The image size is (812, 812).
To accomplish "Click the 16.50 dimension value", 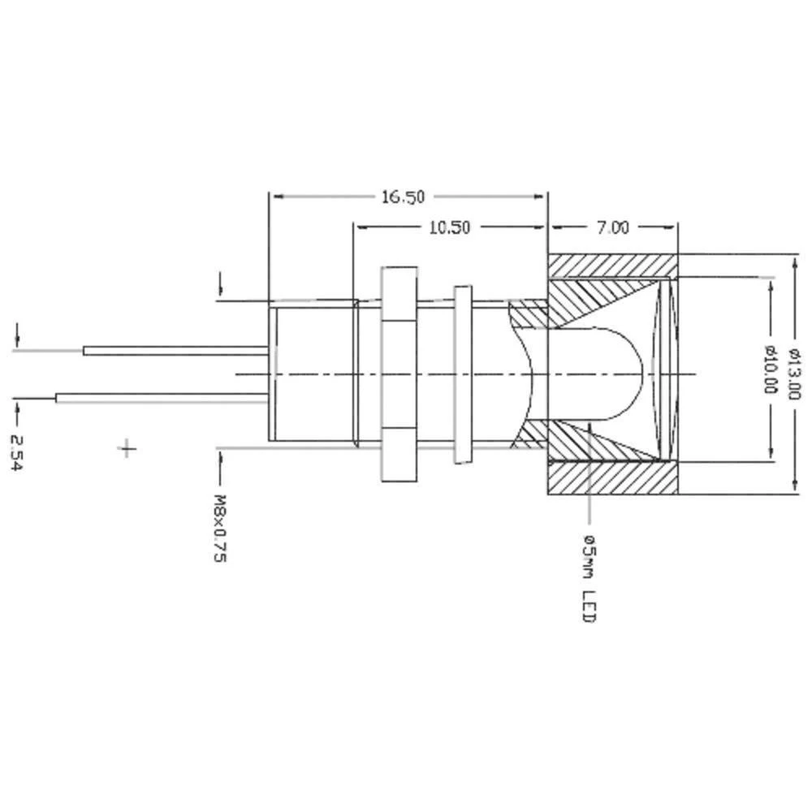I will tap(404, 197).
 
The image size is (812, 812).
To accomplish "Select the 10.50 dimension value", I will tap(449, 227).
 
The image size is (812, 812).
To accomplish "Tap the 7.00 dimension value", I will tap(613, 227).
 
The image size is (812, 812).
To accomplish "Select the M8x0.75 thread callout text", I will tap(219, 528).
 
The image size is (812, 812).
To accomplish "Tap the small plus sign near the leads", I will tap(127, 448).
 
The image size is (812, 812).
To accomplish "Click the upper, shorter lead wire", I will tap(175, 351).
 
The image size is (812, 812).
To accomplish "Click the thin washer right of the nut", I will tap(462, 374).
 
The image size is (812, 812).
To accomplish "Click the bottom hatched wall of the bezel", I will tap(613, 479).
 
